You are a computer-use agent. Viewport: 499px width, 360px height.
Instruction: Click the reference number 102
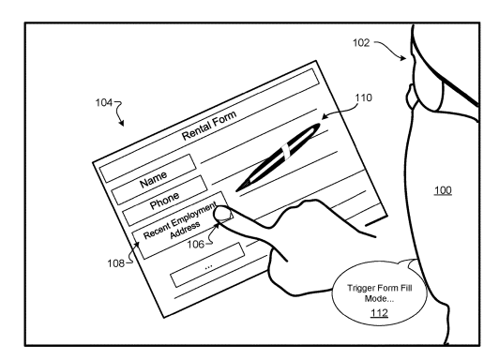[361, 42]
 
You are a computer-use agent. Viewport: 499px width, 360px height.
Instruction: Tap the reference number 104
[104, 103]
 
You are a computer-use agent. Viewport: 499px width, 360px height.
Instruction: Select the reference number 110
[363, 97]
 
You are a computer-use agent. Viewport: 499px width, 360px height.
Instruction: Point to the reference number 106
[195, 245]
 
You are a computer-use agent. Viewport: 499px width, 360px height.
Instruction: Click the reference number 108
[116, 263]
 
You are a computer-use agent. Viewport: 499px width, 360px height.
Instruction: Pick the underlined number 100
[443, 190]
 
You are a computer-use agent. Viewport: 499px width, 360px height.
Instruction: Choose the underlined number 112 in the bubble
[379, 313]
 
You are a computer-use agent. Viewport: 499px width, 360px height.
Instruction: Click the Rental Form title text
[209, 126]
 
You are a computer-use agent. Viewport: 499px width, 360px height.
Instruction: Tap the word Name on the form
[154, 179]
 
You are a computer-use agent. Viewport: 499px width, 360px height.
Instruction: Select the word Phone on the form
[164, 201]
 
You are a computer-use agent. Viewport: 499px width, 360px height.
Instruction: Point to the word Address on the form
[185, 231]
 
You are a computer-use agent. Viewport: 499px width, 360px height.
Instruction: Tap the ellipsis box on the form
[208, 265]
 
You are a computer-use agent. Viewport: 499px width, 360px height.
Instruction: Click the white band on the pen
[285, 151]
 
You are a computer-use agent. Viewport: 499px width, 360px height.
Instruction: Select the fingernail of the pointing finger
[223, 214]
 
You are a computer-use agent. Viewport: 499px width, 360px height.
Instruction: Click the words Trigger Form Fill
[380, 288]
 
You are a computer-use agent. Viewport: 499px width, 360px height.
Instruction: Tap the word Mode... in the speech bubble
[379, 299]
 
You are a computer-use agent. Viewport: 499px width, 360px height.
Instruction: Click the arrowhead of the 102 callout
[404, 58]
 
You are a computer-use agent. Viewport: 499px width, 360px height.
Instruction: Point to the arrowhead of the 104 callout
[122, 124]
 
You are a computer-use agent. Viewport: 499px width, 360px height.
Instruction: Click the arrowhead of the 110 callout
[325, 116]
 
